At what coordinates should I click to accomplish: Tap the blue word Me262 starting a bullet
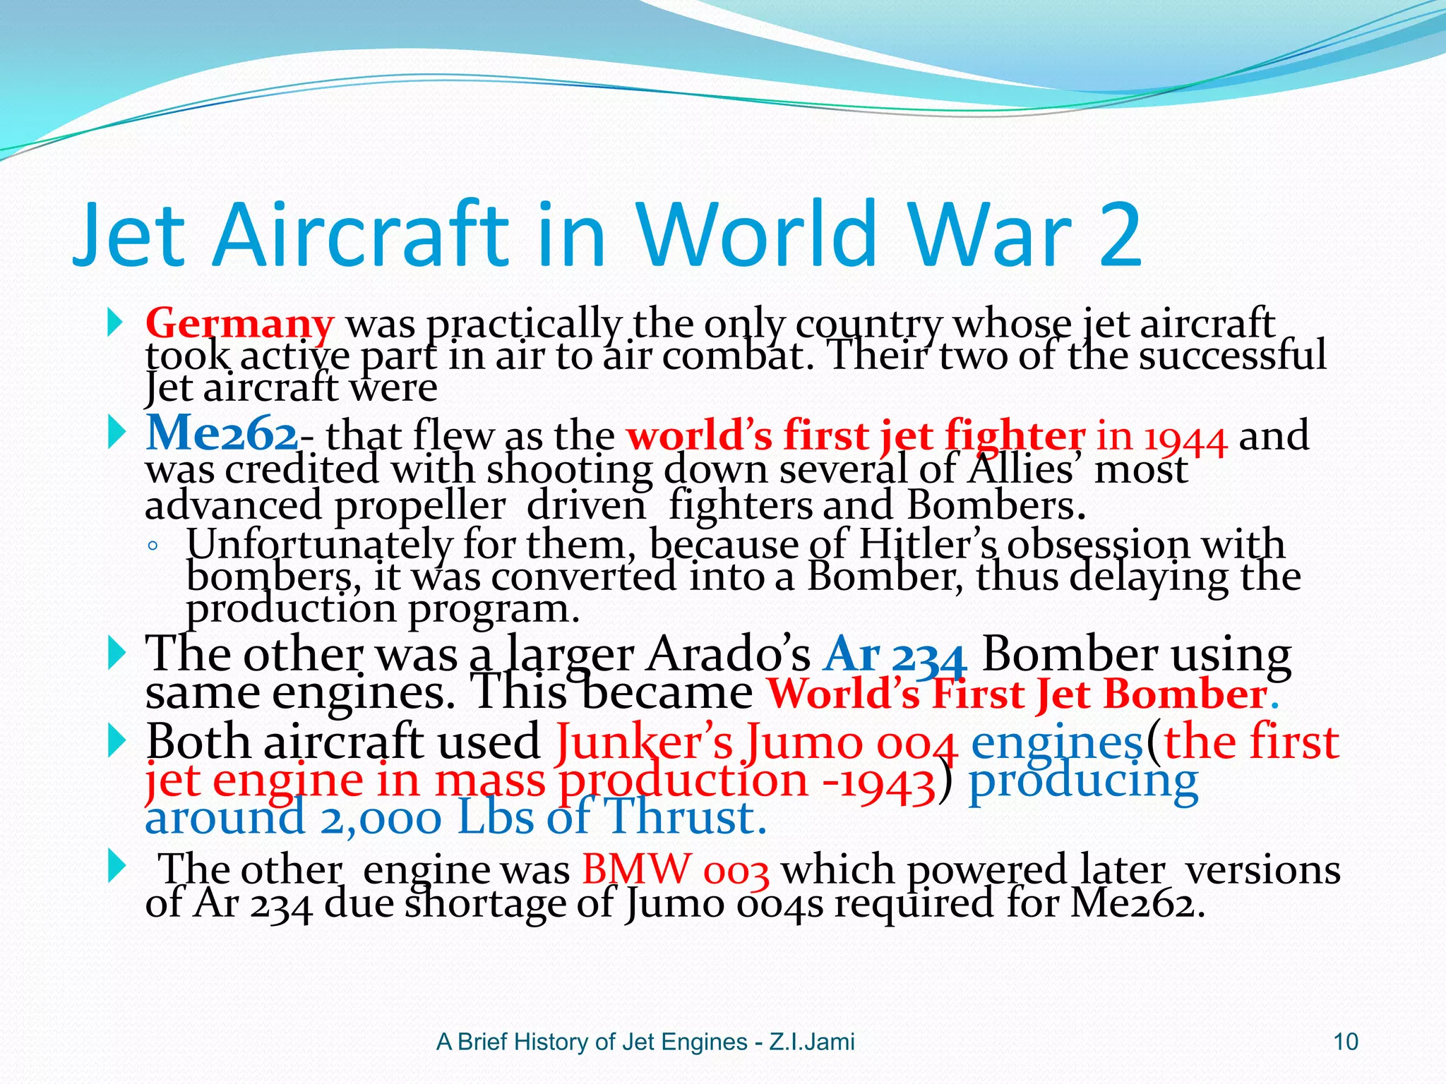pyautogui.click(x=221, y=433)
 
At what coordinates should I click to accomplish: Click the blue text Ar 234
pyautogui.click(x=894, y=655)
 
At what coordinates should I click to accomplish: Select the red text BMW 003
pyautogui.click(x=675, y=869)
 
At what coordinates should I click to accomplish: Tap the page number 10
pyautogui.click(x=1345, y=1042)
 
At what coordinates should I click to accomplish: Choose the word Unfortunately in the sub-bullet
pyautogui.click(x=318, y=545)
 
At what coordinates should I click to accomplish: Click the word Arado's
pyautogui.click(x=728, y=655)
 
